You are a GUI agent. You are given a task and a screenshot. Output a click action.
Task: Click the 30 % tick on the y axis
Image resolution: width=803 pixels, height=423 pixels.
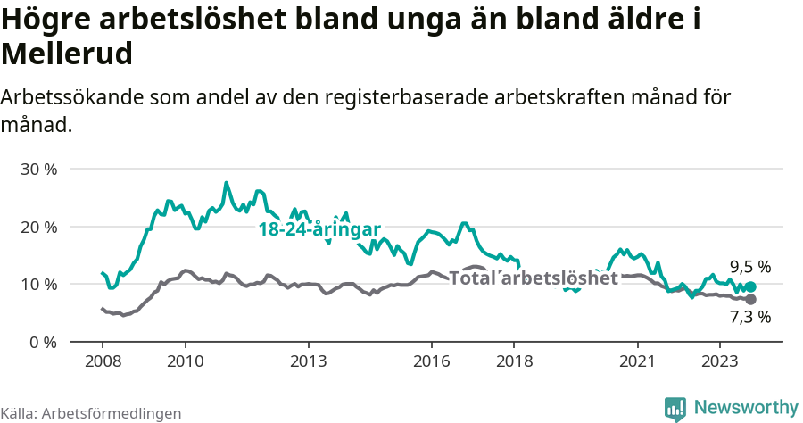tap(38, 170)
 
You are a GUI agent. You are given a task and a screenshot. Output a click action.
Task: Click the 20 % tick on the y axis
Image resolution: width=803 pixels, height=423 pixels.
tap(38, 227)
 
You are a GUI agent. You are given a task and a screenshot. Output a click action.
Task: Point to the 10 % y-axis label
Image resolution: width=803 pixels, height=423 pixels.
tap(38, 285)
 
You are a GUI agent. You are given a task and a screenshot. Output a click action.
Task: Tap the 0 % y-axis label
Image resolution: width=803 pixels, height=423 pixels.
tap(43, 342)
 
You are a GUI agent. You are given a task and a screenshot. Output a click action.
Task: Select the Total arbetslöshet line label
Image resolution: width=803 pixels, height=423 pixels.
tap(533, 278)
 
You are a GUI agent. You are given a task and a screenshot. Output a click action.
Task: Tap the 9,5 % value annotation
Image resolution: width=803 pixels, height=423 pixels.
tap(749, 267)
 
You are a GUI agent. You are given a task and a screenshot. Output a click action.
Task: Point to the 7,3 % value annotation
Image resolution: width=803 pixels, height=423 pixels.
tap(749, 316)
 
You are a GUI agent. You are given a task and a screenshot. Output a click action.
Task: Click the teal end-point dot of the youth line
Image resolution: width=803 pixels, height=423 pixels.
tap(750, 287)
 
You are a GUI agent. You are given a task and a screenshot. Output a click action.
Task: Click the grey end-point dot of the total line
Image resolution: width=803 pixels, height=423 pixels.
tap(750, 300)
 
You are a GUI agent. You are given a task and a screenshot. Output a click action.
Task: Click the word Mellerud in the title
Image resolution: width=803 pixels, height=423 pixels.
tap(67, 54)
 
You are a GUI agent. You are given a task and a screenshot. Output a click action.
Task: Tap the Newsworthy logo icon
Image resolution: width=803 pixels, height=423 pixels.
tap(675, 409)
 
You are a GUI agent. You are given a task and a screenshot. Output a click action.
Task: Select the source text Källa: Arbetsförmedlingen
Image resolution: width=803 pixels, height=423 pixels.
tap(91, 414)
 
